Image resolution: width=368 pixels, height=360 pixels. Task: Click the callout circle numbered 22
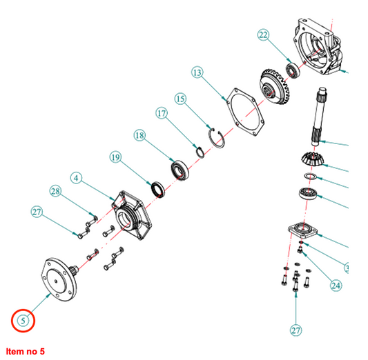[263, 34]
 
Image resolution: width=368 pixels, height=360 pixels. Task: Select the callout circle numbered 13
[197, 72]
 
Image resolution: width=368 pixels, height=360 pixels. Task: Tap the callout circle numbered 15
[180, 99]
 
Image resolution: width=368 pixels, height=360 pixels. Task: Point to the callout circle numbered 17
[162, 113]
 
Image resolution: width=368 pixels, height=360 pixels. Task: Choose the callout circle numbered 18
[139, 135]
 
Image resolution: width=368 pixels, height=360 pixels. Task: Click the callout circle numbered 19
[115, 157]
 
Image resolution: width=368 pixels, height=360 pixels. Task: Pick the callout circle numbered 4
[76, 178]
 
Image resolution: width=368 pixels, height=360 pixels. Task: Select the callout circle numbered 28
[55, 191]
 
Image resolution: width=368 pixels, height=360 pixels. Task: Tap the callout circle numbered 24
[336, 286]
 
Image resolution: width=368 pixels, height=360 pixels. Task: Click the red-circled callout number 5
[23, 321]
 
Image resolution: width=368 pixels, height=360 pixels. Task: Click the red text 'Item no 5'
[25, 352]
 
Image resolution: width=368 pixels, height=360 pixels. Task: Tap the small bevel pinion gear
[312, 159]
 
